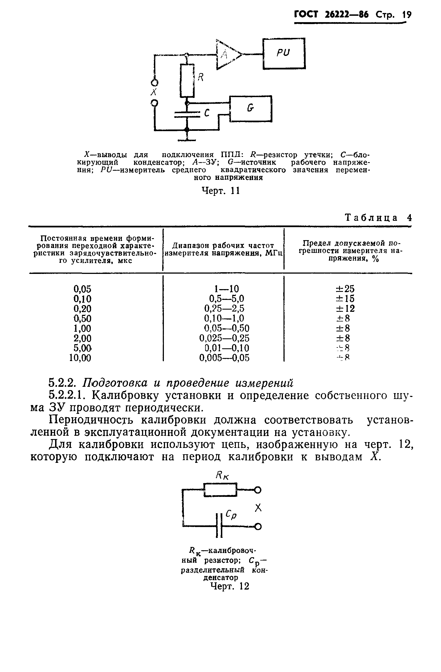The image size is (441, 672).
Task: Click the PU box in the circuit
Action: (284, 53)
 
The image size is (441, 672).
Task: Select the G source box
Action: (251, 109)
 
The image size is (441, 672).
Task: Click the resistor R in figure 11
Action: (187, 81)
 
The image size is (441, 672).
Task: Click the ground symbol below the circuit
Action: (187, 139)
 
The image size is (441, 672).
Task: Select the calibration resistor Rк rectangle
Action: (220, 490)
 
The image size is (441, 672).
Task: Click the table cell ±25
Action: (345, 289)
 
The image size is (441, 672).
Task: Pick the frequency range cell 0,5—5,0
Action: (226, 299)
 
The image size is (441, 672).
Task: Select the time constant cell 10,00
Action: (80, 358)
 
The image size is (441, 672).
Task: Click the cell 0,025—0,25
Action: (224, 338)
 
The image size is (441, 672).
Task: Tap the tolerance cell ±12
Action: (345, 309)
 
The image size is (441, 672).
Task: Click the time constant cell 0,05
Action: (82, 289)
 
